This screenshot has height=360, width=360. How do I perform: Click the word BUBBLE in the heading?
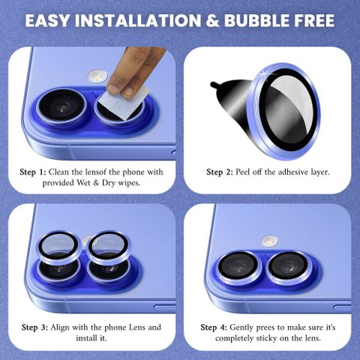256,20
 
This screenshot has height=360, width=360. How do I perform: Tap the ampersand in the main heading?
212,20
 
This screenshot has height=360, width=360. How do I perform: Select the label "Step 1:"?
33,172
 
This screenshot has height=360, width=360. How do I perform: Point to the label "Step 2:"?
220,172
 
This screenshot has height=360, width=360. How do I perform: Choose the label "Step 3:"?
34,327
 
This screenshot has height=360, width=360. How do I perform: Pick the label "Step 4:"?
214,327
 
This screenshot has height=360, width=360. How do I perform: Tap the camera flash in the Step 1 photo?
97,76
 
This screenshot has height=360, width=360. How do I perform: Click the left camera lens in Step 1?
62,107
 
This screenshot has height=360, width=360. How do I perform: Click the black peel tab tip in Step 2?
214,85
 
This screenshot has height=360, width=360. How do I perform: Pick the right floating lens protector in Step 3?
109,248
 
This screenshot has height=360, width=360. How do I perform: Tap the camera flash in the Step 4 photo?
269,241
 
